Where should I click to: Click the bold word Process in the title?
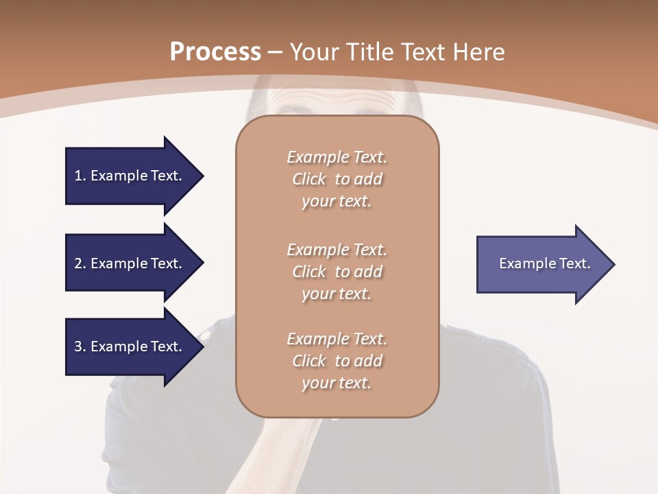[215, 51]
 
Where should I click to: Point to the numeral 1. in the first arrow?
[80, 176]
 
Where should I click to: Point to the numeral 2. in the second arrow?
[80, 263]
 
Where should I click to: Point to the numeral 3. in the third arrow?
[80, 346]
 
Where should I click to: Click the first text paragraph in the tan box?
[337, 179]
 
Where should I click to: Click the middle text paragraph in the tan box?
[337, 272]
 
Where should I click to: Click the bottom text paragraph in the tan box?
[337, 361]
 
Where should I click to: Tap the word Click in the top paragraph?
[309, 179]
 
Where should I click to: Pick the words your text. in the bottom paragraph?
[337, 383]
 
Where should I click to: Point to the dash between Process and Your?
[275, 52]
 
